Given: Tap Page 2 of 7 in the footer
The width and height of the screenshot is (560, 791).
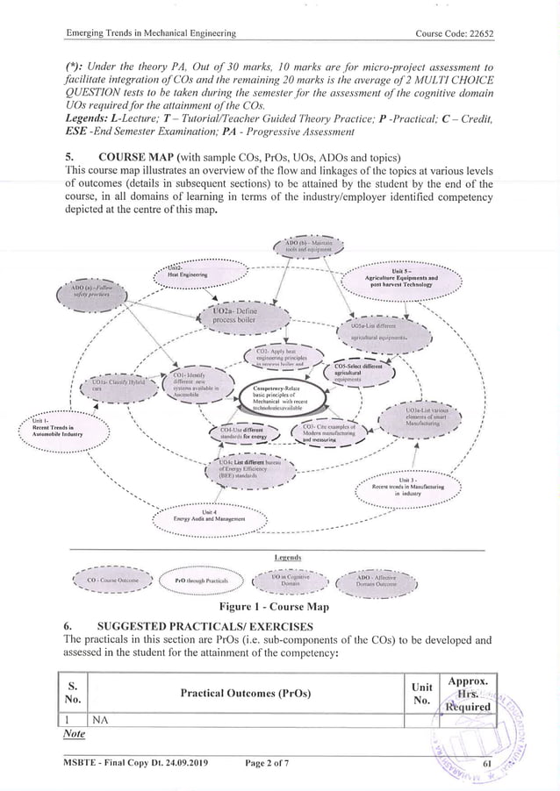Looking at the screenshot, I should pyautogui.click(x=270, y=769).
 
